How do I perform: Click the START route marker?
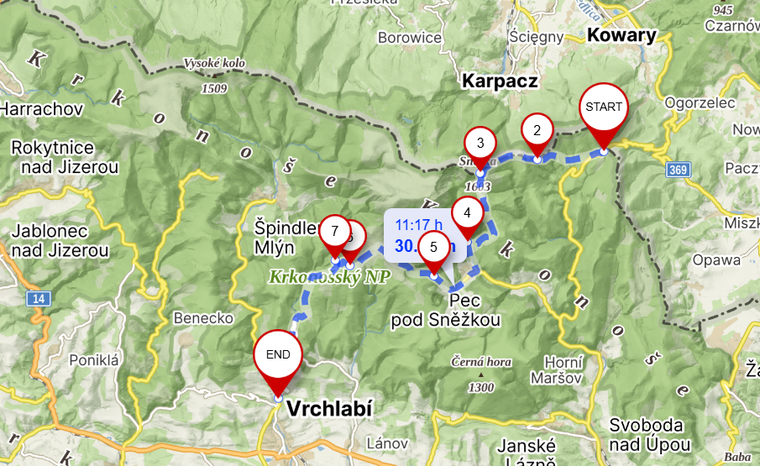(604, 108)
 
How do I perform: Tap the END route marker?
(278, 356)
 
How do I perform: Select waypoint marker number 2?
(537, 130)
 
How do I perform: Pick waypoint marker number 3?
(480, 142)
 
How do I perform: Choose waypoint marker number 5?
(433, 247)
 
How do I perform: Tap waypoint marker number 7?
(334, 231)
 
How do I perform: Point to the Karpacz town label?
(499, 81)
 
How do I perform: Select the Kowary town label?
(621, 35)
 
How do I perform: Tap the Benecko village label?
(202, 318)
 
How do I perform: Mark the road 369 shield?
(679, 170)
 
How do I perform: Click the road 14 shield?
(37, 298)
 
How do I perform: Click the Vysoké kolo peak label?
(214, 63)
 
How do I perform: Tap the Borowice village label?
(409, 38)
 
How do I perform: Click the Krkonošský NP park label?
(328, 277)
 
